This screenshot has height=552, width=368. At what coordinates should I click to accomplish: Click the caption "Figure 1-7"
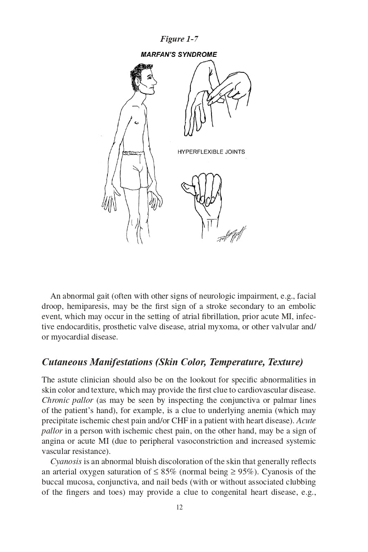pos(179,39)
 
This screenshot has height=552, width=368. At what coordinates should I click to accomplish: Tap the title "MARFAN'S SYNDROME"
pos(179,54)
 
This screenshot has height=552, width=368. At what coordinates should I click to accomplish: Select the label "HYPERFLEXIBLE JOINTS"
pos(211,152)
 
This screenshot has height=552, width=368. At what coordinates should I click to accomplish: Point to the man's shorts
pos(134,170)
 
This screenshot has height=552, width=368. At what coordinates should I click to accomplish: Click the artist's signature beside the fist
pos(232,236)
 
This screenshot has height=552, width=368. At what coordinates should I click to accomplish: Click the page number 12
pos(179,507)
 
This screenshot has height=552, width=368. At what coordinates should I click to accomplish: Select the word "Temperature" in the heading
pos(236,362)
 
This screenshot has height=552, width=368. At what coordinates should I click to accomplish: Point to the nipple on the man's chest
pos(137,122)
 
